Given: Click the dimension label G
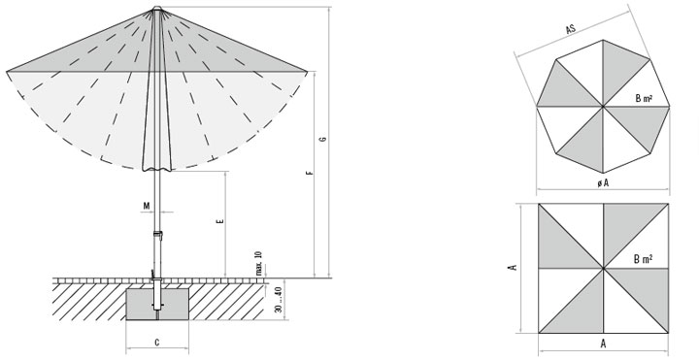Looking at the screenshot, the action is pos(323,139).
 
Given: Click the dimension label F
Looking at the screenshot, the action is pos(311,173).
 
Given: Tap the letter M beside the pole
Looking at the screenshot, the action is pos(147,206).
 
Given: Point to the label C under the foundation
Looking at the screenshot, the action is pos(157,343).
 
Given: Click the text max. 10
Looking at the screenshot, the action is pos(259,263).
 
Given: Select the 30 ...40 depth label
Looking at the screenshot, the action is pos(279,300).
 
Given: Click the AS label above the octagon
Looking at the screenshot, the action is pos(571,29).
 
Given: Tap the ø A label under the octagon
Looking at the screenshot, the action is pos(603,182).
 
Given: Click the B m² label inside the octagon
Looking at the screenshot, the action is pos(645,98).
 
